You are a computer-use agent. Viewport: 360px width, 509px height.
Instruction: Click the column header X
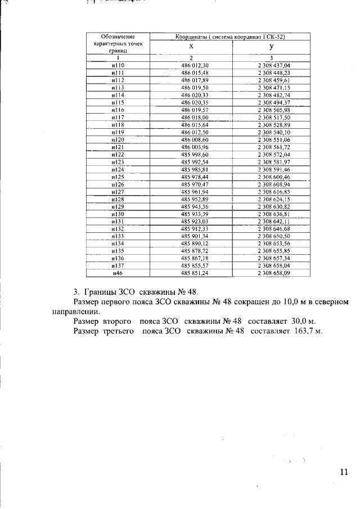[x=191, y=47]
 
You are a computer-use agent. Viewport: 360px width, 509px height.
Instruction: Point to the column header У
[x=272, y=47]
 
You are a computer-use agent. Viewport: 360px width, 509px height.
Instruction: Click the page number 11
[x=344, y=472]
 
